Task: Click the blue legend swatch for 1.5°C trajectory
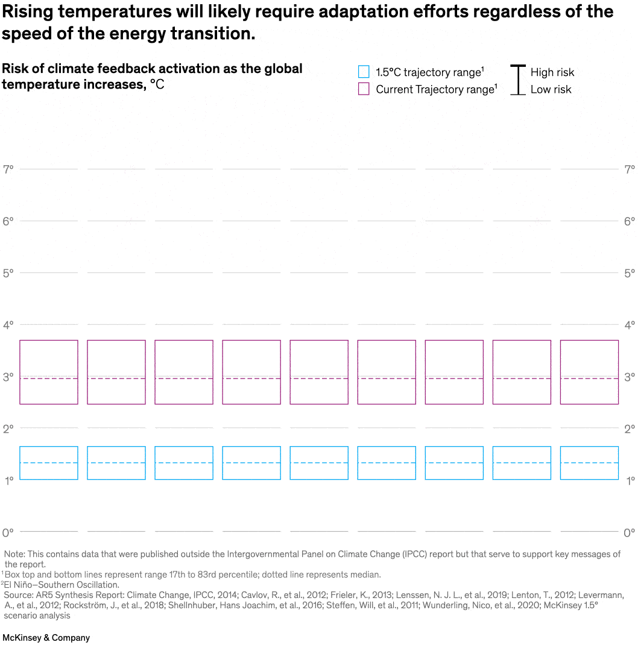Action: tap(364, 72)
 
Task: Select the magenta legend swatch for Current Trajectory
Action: tap(364, 89)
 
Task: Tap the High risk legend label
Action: tap(552, 72)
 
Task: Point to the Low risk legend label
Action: tap(551, 89)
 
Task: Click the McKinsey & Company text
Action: tap(46, 638)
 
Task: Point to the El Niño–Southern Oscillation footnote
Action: tap(62, 585)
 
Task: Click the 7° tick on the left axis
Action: tap(8, 169)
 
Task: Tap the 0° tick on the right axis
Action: tap(629, 533)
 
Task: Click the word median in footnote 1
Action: tap(366, 574)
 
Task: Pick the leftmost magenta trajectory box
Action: tap(49, 372)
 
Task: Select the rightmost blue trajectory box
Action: tap(589, 463)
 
